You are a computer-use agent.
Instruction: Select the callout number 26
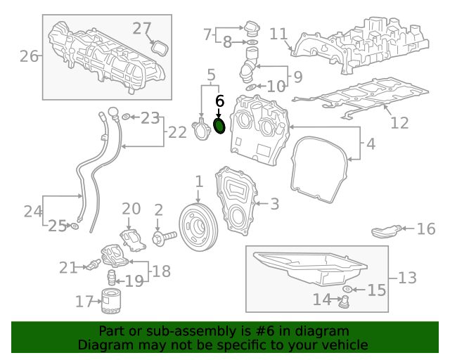click(x=29, y=56)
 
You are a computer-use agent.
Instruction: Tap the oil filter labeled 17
click(x=111, y=301)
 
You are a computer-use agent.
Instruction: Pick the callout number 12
click(x=399, y=123)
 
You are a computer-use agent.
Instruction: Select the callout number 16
click(x=426, y=229)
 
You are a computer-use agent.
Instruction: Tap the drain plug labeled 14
click(x=345, y=302)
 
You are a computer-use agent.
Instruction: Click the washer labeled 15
click(x=347, y=290)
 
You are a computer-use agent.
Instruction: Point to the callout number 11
click(x=278, y=34)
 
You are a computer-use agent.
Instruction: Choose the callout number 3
click(x=274, y=204)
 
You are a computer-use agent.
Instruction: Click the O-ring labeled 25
click(x=74, y=226)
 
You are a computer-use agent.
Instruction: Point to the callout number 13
click(x=407, y=278)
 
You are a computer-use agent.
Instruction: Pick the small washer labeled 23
click(x=125, y=117)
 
